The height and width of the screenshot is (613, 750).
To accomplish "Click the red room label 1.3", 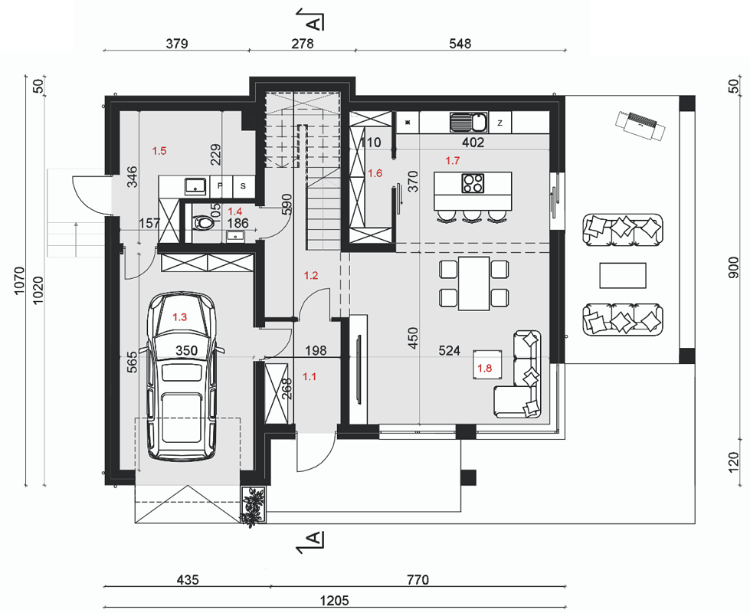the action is coord(179,316).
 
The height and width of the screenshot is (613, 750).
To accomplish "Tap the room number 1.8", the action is coord(484,368).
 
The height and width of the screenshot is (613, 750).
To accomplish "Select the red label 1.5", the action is coord(159,151).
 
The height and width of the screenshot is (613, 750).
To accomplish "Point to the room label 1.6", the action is coord(375,173).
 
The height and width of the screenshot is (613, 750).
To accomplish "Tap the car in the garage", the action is coord(182,376).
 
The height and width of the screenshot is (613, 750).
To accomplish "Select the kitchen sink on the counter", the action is coord(468,122).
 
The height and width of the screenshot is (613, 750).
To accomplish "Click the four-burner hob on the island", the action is coord(473,183).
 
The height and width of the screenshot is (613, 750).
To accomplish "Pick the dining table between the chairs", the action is coord(473,284).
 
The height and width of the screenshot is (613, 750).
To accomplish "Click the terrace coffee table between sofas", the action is coord(623,275).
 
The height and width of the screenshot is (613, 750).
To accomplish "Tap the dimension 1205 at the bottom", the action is coord(334,600).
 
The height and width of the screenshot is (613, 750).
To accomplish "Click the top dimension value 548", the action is coord(460,44).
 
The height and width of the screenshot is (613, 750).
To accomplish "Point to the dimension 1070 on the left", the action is coord(18,280).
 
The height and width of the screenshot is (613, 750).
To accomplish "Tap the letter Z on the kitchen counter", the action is coord(499,123).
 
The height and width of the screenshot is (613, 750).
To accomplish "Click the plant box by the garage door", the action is coord(253,506).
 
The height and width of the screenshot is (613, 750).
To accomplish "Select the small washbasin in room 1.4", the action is coord(235,235).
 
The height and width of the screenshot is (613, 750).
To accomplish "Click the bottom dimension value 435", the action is coord(188,580).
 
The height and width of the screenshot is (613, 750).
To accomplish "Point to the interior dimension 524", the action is coord(450,351).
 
